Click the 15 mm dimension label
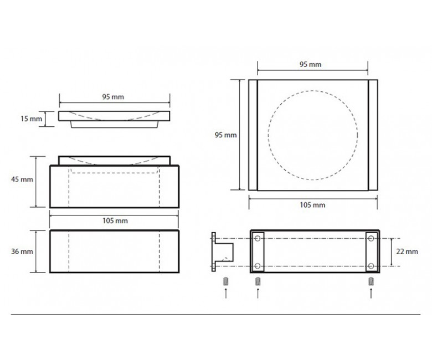coord(32,119)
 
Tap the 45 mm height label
coord(22,179)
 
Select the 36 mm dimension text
coord(22,251)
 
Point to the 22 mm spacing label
coord(407,251)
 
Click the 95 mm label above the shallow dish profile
coord(113,97)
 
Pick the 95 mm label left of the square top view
coord(225,135)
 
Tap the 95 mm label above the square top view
coord(311,64)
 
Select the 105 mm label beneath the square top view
coord(312,205)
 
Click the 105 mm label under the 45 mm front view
coord(115,220)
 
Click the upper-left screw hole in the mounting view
coord(258,238)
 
